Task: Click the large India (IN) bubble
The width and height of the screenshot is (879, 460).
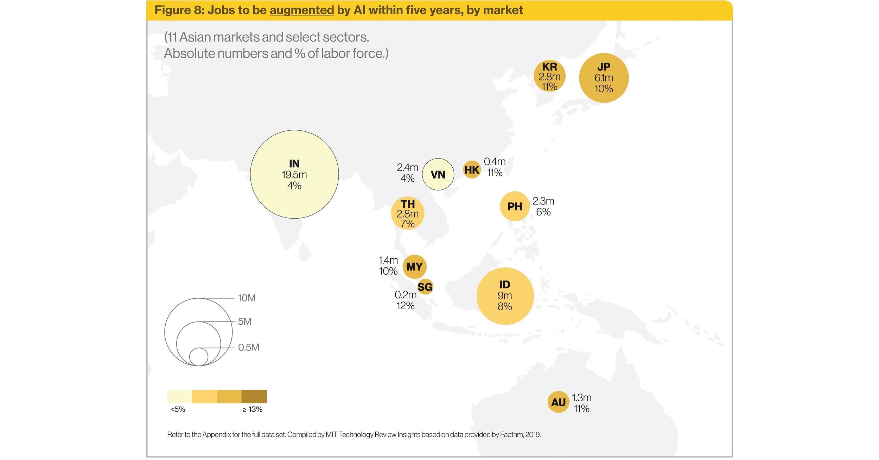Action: click(x=294, y=174)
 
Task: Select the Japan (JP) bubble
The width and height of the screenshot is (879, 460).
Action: click(x=604, y=78)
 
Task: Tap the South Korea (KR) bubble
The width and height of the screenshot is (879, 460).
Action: click(x=549, y=76)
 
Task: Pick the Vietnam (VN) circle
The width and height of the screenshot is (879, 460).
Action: click(x=438, y=174)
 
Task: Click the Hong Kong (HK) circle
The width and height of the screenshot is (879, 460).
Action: click(x=472, y=170)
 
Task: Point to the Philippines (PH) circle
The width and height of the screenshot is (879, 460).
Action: click(x=515, y=206)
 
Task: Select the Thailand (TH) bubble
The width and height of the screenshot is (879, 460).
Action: click(x=407, y=213)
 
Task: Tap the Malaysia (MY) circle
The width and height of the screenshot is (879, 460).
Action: click(x=414, y=267)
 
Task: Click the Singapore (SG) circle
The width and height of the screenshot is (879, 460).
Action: click(x=425, y=287)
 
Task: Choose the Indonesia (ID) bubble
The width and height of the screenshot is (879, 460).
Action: click(x=505, y=296)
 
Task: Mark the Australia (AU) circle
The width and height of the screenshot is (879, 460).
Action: click(x=558, y=402)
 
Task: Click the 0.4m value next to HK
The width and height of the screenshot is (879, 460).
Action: click(x=495, y=162)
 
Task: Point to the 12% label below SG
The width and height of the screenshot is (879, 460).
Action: click(x=405, y=306)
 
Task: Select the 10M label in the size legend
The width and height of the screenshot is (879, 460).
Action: click(x=247, y=298)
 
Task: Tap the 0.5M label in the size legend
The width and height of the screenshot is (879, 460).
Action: click(x=248, y=348)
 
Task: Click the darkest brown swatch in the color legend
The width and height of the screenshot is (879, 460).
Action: click(x=254, y=396)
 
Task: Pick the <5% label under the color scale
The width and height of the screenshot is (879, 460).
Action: click(x=178, y=409)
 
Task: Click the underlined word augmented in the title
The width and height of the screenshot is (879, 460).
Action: click(x=301, y=10)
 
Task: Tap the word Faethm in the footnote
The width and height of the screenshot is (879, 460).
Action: click(x=511, y=435)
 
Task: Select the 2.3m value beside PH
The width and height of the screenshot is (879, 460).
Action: click(x=543, y=201)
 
